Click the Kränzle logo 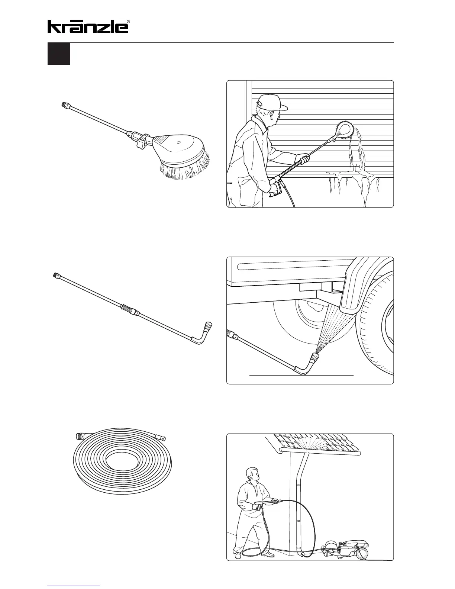[87, 27]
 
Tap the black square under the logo [59, 54]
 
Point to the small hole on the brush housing [179, 142]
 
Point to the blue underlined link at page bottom [74, 586]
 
